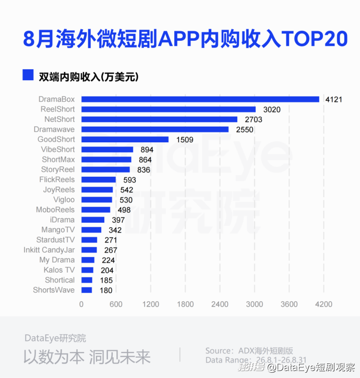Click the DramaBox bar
pos(200,99)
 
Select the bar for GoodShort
pos(125,139)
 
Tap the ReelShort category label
pos(58,109)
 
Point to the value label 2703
pos(254,119)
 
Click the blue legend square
pos(28,75)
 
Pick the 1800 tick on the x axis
pos(185,304)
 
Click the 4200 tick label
pos(323,304)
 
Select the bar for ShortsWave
pos(87,290)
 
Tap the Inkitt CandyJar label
pos(49,250)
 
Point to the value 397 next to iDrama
pos(118,220)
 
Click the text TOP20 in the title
pos(315,39)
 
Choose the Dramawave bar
pos(155,129)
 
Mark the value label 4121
pos(334,99)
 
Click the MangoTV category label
pos(58,230)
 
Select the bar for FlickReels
pos(99,179)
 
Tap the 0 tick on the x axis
pos(81,304)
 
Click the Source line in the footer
pos(249,351)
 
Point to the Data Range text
pos(256,360)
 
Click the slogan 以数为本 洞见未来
pos(87,357)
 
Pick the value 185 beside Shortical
pos(106,280)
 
